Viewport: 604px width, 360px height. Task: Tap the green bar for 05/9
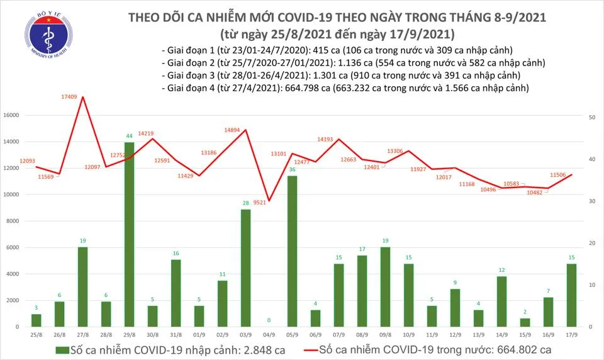tap(292, 251)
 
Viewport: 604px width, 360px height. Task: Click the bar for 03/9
tap(245, 267)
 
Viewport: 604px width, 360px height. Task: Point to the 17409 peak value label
tap(69, 96)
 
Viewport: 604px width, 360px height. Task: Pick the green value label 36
tap(292, 170)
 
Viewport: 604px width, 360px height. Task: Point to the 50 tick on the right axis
tap(592, 118)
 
